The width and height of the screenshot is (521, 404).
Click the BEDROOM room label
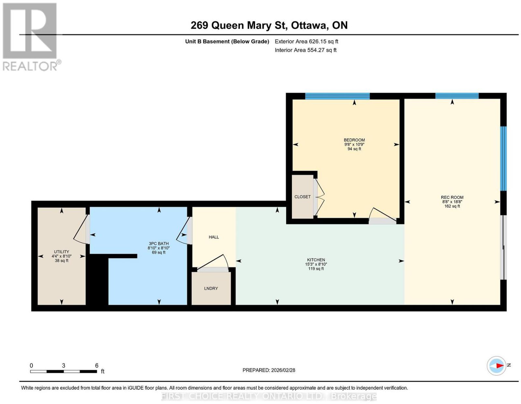(354, 140)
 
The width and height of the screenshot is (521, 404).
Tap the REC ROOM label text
(452, 197)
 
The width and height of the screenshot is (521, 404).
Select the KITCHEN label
(316, 260)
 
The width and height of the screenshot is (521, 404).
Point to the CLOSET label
(302, 197)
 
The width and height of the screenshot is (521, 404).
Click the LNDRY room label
(211, 289)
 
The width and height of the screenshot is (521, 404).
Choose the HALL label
(214, 237)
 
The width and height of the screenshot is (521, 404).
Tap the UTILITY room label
(61, 252)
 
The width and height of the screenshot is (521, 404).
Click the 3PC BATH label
(159, 243)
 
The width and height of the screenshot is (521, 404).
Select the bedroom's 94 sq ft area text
(354, 149)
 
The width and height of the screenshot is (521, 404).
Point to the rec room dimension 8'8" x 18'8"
(452, 202)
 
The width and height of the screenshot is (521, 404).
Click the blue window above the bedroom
(337, 96)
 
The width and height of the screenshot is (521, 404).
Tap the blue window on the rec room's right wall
(503, 158)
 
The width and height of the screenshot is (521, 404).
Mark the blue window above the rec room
(457, 96)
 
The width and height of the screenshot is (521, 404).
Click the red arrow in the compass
(500, 372)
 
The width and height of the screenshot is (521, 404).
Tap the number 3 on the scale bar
(63, 366)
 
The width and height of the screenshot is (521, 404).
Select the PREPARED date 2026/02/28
(283, 370)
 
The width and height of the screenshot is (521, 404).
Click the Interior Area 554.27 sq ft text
(305, 50)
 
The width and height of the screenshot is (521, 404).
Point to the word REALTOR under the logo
(30, 66)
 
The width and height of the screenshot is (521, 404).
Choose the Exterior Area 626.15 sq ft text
(306, 41)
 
